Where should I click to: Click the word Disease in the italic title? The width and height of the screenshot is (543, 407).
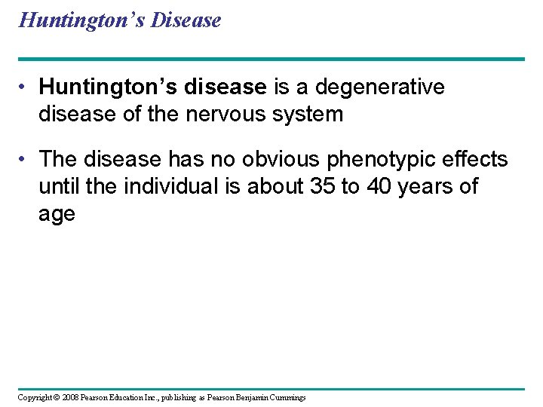(x=186, y=20)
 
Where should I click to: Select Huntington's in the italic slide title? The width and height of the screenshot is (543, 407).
(x=81, y=20)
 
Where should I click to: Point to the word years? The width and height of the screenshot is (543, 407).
(x=430, y=186)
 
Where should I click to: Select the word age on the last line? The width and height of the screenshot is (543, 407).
(x=57, y=215)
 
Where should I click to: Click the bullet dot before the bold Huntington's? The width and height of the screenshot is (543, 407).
(x=26, y=88)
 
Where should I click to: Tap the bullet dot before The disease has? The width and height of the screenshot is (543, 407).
(x=26, y=160)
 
